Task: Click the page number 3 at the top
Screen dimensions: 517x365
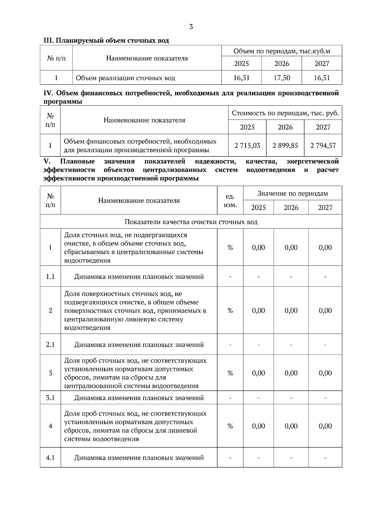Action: pyautogui.click(x=191, y=27)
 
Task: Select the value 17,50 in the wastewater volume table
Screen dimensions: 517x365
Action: pyautogui.click(x=282, y=78)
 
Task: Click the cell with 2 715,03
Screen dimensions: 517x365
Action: pyautogui.click(x=247, y=146)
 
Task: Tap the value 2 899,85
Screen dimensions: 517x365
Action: pyautogui.click(x=285, y=146)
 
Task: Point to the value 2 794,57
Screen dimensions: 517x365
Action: pyautogui.click(x=323, y=146)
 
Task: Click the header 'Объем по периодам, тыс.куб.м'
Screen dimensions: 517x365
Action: pyautogui.click(x=282, y=51)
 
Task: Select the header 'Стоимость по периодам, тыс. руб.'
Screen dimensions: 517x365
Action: pyautogui.click(x=285, y=113)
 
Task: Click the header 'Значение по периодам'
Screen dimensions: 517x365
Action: pyautogui.click(x=293, y=193)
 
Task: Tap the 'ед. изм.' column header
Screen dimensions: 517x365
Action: pyautogui.click(x=230, y=201)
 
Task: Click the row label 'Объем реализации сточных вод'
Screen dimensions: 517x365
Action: pyautogui.click(x=125, y=78)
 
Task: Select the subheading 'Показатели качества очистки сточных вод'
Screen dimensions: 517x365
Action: pyautogui.click(x=191, y=222)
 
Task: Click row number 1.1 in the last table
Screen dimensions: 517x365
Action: pyautogui.click(x=50, y=277)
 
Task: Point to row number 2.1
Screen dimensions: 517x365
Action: pyautogui.click(x=50, y=345)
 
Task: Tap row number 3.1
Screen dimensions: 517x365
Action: pyautogui.click(x=50, y=398)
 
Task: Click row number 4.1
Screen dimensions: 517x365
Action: pyautogui.click(x=50, y=458)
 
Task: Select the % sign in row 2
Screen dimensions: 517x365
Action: pyautogui.click(x=230, y=311)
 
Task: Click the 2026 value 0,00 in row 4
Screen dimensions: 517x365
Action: pyautogui.click(x=291, y=426)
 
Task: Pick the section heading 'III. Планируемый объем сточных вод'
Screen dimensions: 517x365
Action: pyautogui.click(x=106, y=40)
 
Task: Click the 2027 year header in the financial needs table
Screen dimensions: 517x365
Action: pyautogui.click(x=323, y=127)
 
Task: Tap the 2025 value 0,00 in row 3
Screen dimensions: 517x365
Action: pyautogui.click(x=258, y=373)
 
